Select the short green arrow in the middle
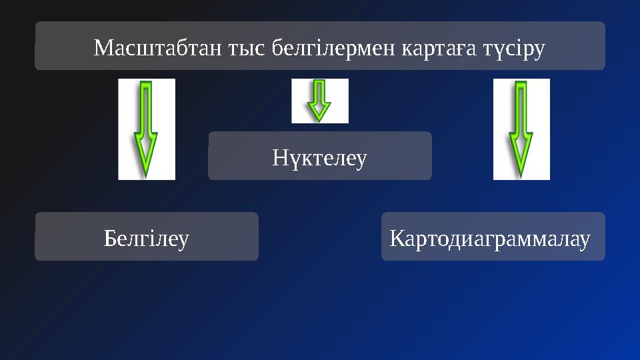point(320,100)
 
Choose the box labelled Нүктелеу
point(320,156)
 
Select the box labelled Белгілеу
point(147,237)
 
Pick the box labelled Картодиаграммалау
point(493,237)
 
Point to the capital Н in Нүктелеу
point(279,159)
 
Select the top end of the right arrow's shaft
point(521,84)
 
